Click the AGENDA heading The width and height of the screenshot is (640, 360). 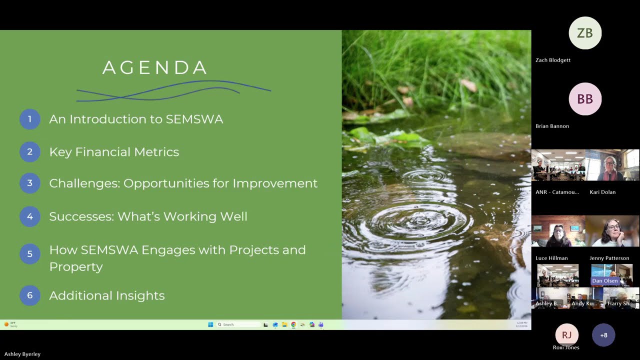click(x=154, y=68)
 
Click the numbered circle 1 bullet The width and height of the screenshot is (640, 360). click(x=29, y=119)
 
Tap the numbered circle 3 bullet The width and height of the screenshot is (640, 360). click(x=29, y=183)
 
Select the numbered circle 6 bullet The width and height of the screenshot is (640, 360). click(x=29, y=295)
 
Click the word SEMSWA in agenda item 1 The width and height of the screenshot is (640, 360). click(x=194, y=119)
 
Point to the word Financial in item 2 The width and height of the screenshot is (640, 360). click(x=106, y=152)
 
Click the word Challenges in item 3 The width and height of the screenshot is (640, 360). click(x=84, y=183)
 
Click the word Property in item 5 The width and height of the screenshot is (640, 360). click(x=76, y=266)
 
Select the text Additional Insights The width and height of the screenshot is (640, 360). click(x=106, y=295)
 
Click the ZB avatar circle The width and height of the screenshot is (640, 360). click(x=585, y=33)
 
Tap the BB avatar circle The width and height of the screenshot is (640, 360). click(x=585, y=99)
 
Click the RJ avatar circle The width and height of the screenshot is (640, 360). click(x=566, y=335)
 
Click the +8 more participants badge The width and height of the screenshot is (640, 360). click(x=603, y=335)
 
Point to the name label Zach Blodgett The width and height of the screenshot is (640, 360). click(x=553, y=60)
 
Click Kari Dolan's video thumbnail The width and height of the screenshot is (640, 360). click(x=612, y=165)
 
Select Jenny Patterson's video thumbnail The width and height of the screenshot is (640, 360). click(x=612, y=231)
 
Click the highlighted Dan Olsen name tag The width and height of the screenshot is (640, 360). click(x=605, y=281)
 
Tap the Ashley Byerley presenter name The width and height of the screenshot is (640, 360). click(x=22, y=354)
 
